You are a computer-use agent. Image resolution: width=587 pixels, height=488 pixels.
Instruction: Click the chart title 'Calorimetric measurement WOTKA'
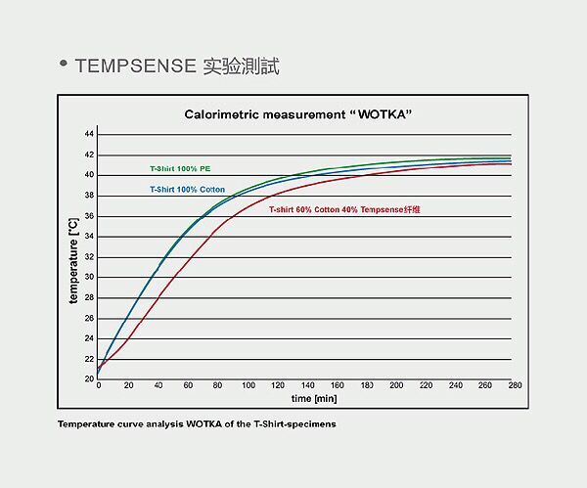(297, 114)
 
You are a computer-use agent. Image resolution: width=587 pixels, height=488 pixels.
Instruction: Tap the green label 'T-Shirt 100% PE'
(179, 169)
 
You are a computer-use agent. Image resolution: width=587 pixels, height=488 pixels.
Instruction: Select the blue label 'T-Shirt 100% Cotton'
(187, 189)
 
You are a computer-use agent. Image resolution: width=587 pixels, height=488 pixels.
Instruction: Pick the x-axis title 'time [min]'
(313, 399)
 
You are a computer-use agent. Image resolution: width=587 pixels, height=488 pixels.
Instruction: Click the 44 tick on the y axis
(89, 133)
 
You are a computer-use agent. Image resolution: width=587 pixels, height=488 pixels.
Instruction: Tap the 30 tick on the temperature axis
(89, 277)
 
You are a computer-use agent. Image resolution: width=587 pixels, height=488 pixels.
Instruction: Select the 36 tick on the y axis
(89, 215)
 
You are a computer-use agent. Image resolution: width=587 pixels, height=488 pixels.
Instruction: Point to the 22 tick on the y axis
(89, 359)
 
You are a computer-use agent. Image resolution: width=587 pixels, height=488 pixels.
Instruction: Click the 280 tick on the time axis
(516, 386)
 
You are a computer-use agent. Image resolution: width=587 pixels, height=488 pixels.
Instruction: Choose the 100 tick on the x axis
(248, 386)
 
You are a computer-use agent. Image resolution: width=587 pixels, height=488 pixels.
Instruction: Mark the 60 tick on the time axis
(188, 386)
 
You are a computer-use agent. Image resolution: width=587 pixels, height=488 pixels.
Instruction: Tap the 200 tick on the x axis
(396, 386)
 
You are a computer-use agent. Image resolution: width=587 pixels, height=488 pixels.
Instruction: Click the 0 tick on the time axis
(99, 386)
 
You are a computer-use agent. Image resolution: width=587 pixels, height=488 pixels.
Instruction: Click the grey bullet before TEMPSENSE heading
(65, 66)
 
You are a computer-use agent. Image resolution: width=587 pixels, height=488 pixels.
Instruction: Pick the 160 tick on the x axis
(337, 386)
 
